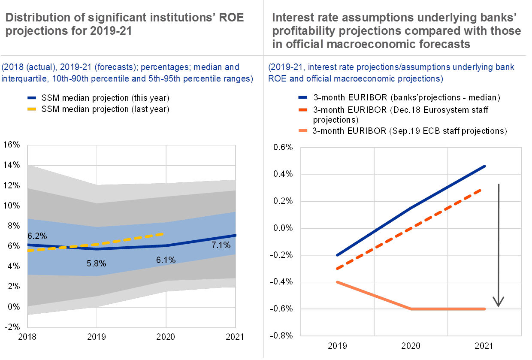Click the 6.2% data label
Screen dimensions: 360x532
click(37, 236)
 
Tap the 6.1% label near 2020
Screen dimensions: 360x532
click(166, 260)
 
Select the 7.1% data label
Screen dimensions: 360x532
click(221, 245)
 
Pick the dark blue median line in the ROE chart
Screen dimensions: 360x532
click(129, 247)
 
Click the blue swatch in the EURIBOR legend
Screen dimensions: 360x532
click(303, 97)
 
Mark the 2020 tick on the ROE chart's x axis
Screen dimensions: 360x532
click(166, 337)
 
